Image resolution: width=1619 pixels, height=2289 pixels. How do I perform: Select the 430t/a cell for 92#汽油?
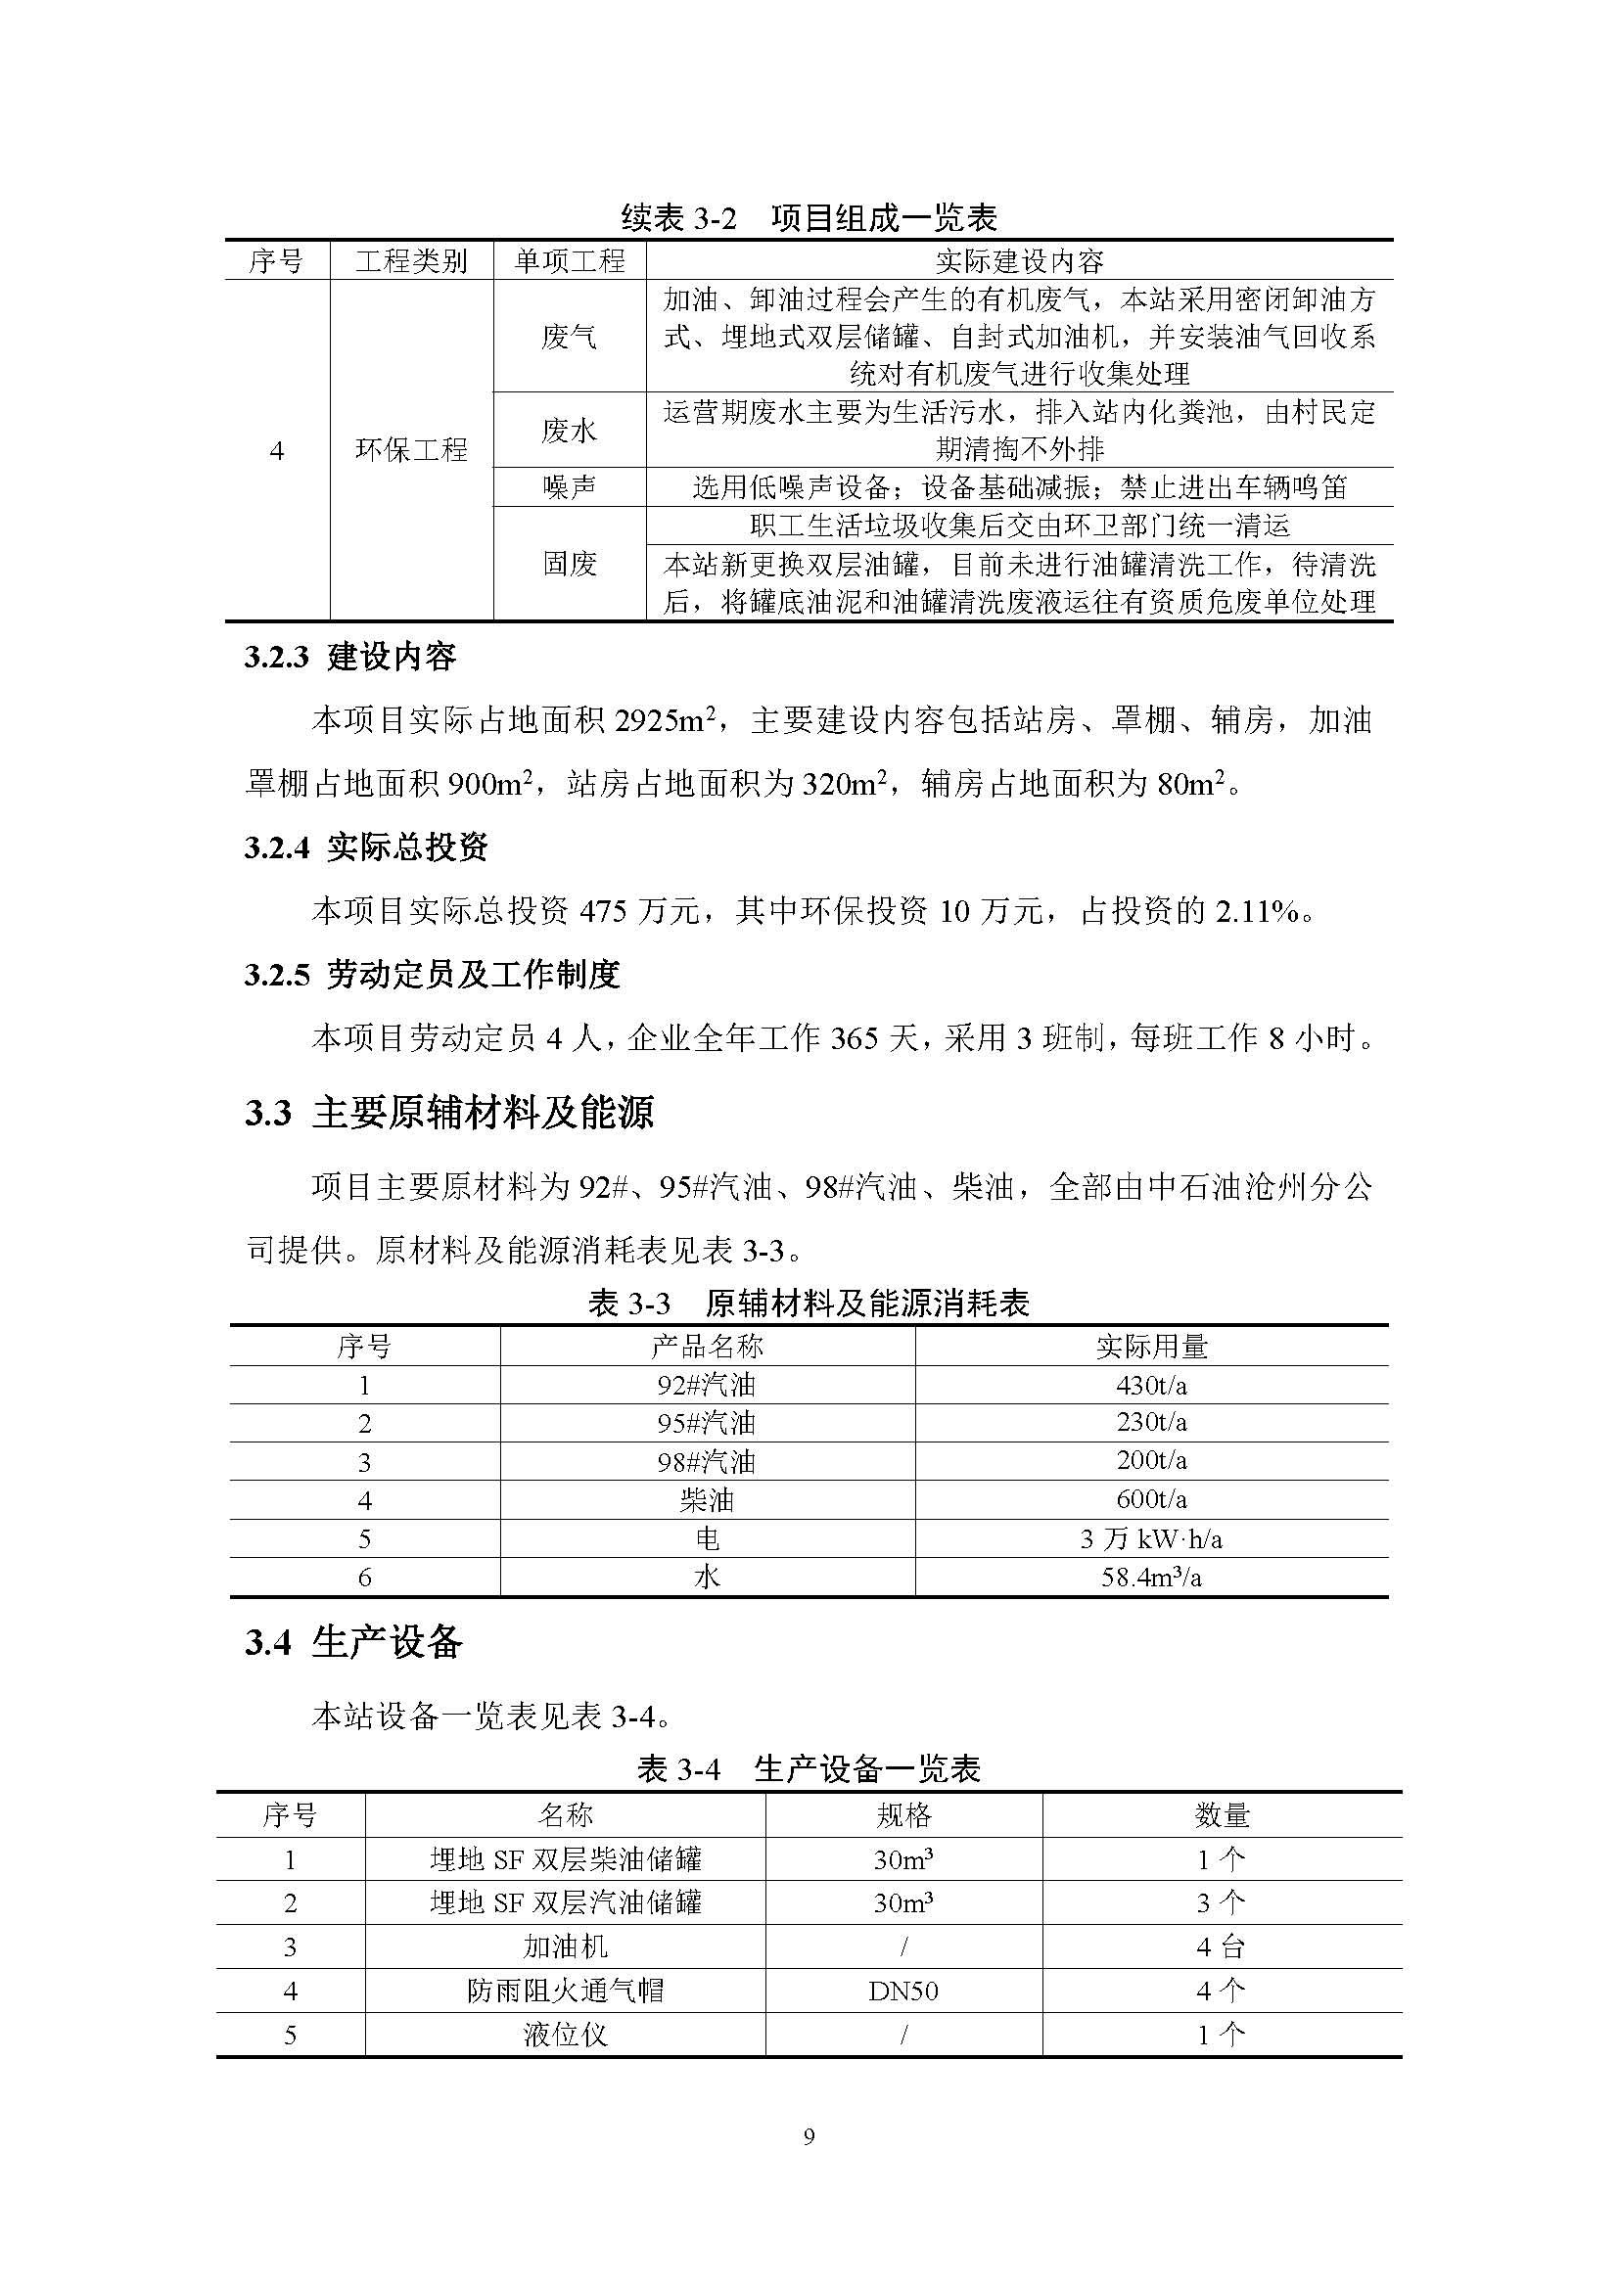[1150, 1385]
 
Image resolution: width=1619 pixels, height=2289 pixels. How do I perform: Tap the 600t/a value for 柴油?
[1150, 1499]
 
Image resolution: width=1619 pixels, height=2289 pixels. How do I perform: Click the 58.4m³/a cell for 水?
[1150, 1578]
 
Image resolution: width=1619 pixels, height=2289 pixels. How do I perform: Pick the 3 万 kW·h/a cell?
[1150, 1539]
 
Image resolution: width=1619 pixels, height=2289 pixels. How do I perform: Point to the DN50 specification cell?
[903, 1991]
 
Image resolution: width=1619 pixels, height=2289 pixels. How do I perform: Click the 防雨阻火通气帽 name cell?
[565, 1991]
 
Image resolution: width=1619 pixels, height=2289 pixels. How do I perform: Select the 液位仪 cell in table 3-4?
[565, 2035]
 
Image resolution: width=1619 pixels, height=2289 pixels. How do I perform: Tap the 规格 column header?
[903, 1814]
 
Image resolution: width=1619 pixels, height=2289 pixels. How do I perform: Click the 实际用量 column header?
[1150, 1347]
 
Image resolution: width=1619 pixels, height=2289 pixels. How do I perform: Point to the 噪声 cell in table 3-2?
[570, 487]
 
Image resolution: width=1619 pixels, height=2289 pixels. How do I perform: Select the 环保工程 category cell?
[412, 450]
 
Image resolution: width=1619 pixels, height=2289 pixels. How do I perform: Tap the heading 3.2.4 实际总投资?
[366, 847]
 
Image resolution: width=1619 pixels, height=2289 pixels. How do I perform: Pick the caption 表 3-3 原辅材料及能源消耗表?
[809, 1303]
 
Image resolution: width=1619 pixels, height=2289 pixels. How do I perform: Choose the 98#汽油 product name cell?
[707, 1461]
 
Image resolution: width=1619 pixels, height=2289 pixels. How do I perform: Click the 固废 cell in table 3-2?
[570, 565]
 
